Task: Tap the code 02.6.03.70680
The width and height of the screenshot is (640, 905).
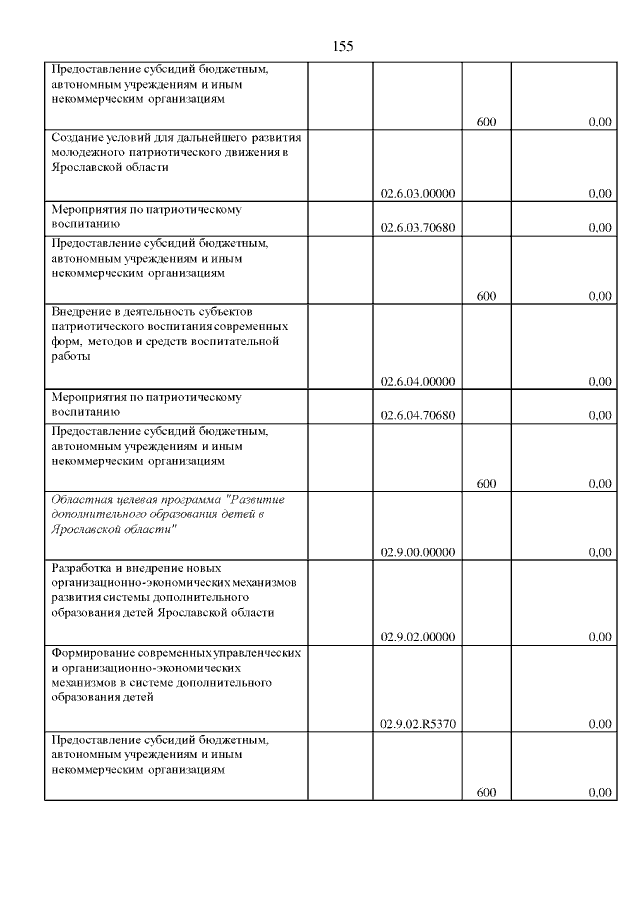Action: pyautogui.click(x=419, y=228)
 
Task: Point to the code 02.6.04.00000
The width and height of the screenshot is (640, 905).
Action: pyautogui.click(x=419, y=381)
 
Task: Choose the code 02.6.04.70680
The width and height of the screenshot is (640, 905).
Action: pyautogui.click(x=419, y=415)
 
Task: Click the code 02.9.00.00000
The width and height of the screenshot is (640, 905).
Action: pyautogui.click(x=419, y=552)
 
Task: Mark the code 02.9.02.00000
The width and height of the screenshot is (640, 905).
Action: pyautogui.click(x=419, y=636)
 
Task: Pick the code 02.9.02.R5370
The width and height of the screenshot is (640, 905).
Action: pyautogui.click(x=419, y=723)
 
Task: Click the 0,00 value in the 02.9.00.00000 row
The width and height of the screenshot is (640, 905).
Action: pyautogui.click(x=600, y=552)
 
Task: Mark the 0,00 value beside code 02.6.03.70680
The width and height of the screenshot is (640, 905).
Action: pyautogui.click(x=600, y=228)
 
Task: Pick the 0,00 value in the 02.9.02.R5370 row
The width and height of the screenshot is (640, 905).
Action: pyautogui.click(x=600, y=723)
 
